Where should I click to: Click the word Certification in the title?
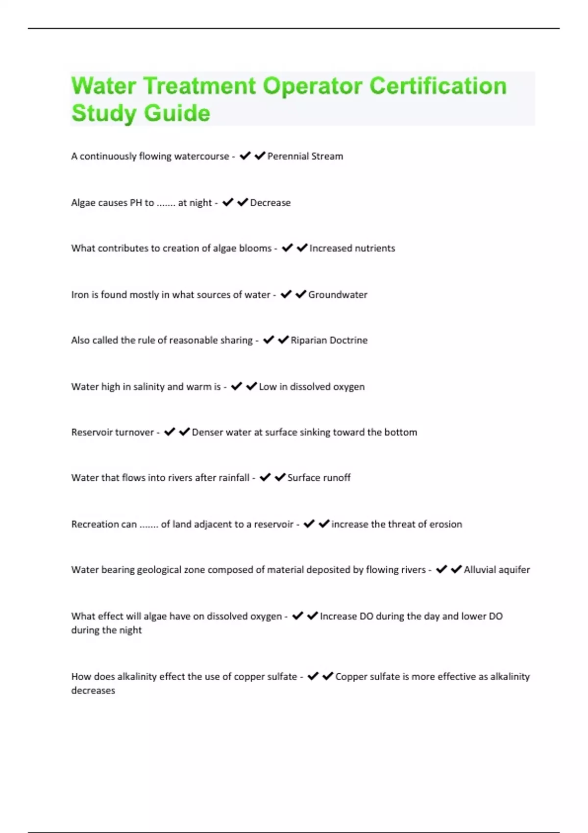click(x=438, y=86)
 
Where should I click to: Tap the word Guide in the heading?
click(x=177, y=113)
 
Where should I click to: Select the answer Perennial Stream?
click(x=305, y=156)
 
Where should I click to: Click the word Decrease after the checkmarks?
click(x=270, y=203)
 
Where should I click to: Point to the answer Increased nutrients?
click(x=352, y=248)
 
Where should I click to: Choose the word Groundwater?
click(x=338, y=295)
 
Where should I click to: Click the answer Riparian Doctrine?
click(x=329, y=341)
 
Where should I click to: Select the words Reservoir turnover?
click(x=112, y=433)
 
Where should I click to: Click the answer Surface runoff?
click(x=318, y=478)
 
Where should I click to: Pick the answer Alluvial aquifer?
click(x=497, y=570)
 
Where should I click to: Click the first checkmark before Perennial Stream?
click(x=245, y=156)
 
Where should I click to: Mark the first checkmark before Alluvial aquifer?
click(x=441, y=569)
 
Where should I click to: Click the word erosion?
click(x=445, y=524)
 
